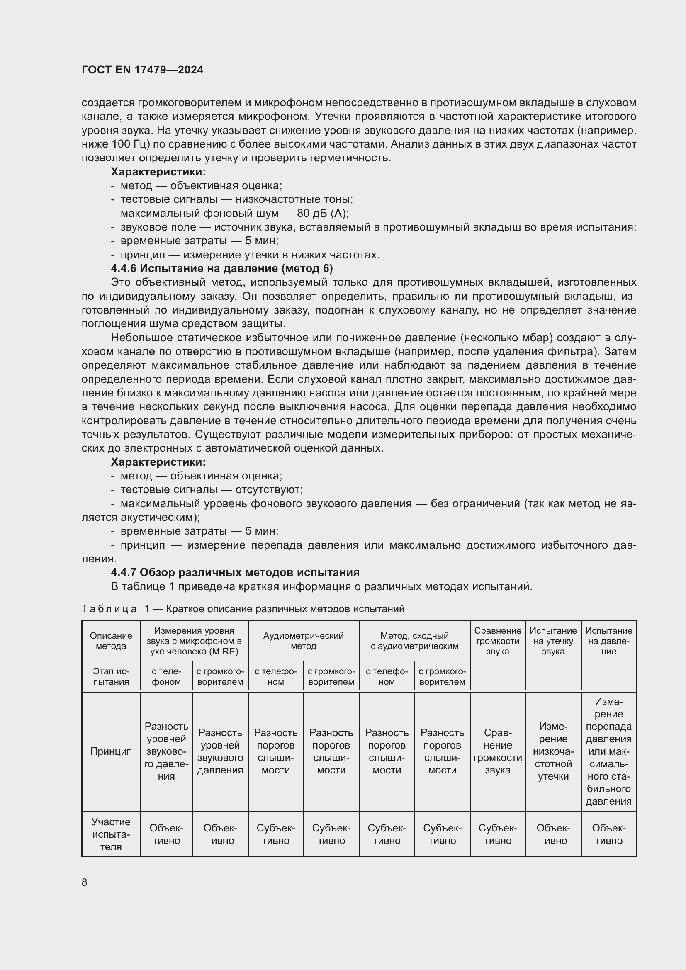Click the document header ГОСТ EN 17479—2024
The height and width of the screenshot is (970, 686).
click(x=142, y=70)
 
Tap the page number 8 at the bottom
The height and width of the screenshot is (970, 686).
click(x=85, y=882)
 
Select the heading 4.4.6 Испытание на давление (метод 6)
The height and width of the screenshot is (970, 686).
click(x=222, y=268)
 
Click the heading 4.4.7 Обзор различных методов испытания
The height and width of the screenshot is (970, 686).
click(x=235, y=572)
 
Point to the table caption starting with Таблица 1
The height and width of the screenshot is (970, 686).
click(x=243, y=608)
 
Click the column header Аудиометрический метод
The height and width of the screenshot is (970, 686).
click(x=303, y=641)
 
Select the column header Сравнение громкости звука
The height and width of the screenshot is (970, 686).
click(x=498, y=641)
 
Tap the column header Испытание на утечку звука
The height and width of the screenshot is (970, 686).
click(x=553, y=641)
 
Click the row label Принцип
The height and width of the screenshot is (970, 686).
click(x=111, y=751)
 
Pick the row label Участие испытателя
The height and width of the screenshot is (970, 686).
click(x=111, y=834)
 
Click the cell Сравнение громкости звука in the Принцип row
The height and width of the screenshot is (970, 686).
click(x=498, y=751)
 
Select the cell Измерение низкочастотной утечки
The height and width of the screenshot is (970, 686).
click(x=553, y=751)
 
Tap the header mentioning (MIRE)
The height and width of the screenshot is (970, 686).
click(x=194, y=641)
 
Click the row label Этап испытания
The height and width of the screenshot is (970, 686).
click(x=111, y=676)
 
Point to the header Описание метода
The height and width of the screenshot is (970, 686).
click(x=111, y=641)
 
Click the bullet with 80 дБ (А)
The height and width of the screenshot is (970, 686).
click(x=234, y=213)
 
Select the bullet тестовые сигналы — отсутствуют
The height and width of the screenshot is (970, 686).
click(x=211, y=490)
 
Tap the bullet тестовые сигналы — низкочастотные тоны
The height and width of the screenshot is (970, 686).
click(x=236, y=199)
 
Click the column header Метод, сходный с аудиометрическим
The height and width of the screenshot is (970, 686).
click(x=414, y=641)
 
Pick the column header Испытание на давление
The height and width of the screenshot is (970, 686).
click(x=608, y=641)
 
